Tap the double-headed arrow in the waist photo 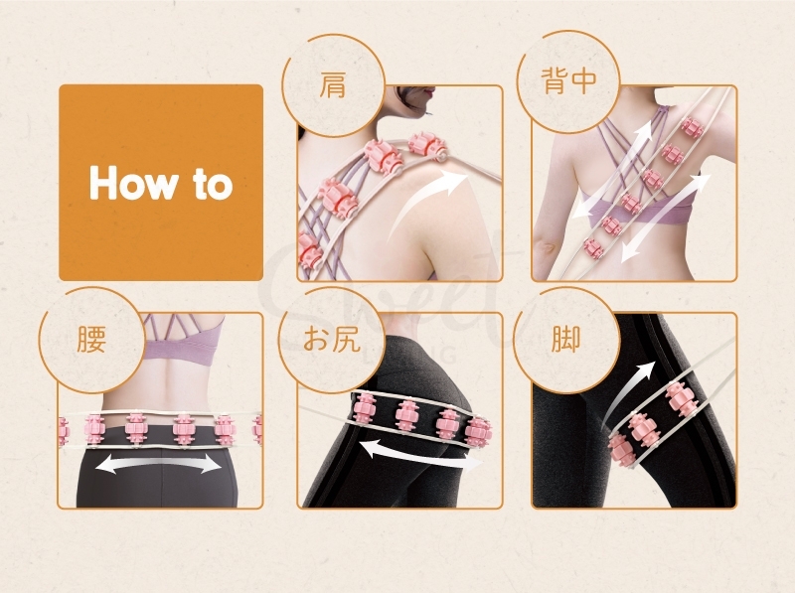point(160,463)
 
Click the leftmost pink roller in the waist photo point(66,430)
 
